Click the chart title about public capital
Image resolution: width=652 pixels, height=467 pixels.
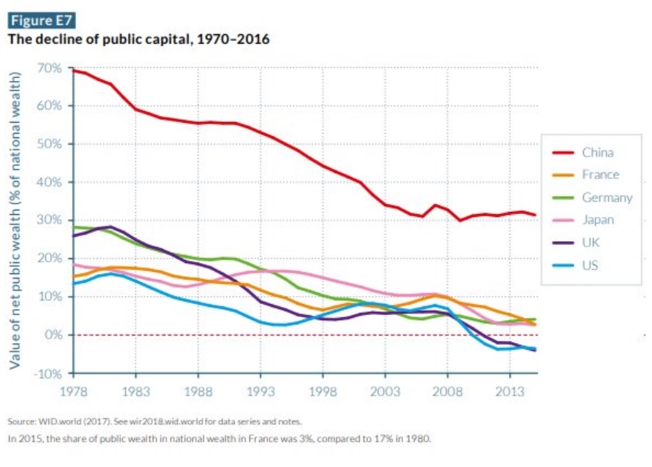coord(139,39)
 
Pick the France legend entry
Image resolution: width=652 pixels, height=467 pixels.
coord(600,175)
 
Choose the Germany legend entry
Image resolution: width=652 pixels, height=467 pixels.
coord(607,197)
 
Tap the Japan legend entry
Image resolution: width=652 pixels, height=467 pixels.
coord(598,219)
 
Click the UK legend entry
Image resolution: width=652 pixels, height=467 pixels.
coord(591,242)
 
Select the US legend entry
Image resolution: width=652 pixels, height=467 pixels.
coord(590,265)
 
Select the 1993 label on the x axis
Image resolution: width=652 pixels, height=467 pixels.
coord(261,391)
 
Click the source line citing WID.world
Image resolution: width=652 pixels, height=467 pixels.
coord(154,422)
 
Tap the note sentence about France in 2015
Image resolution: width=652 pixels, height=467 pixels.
coord(219,438)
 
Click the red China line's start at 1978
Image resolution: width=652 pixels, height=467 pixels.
coord(75,70)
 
